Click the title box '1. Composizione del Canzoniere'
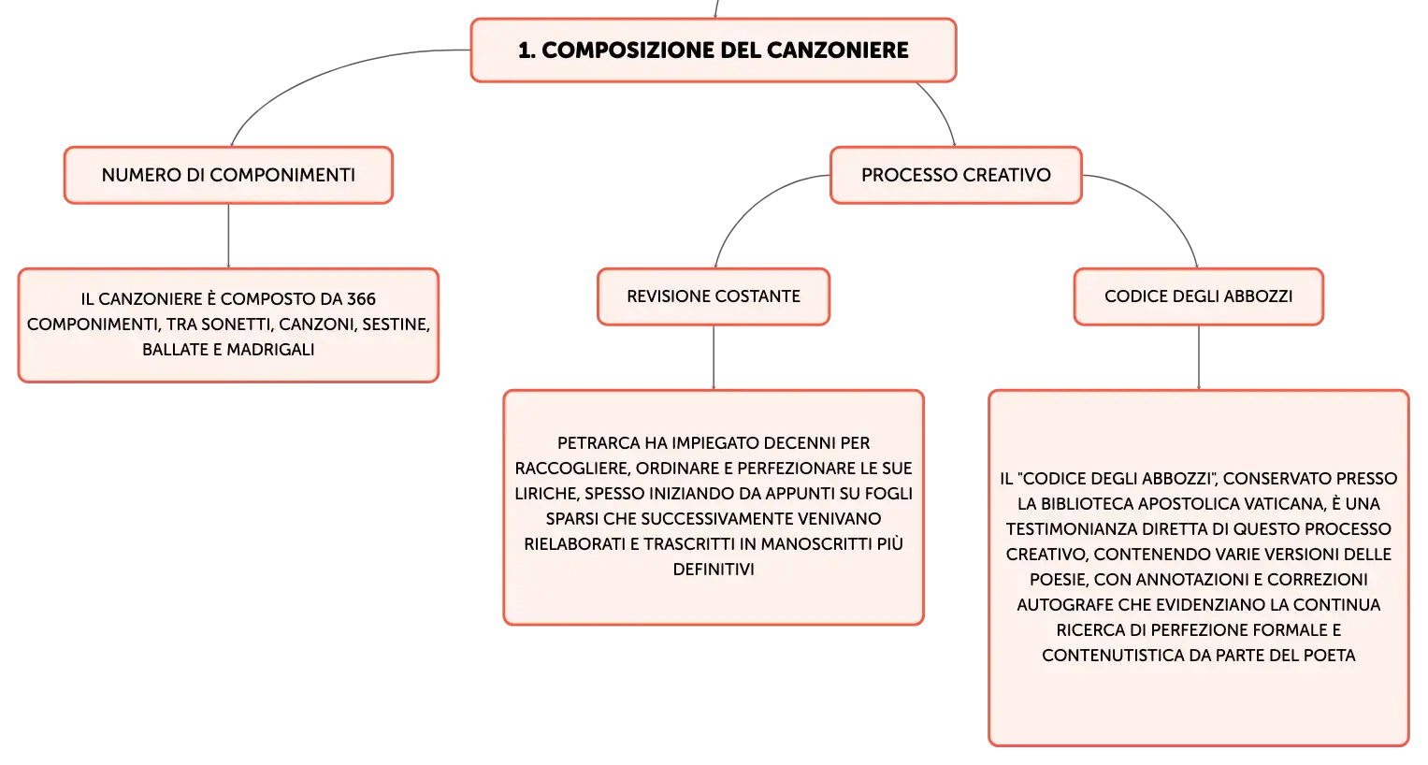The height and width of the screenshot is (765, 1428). [714, 50]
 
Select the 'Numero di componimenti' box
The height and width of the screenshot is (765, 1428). [228, 175]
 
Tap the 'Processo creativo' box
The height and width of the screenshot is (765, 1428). [956, 175]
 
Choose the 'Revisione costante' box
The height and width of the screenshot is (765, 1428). [714, 296]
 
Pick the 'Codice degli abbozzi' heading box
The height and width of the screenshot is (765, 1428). [1199, 296]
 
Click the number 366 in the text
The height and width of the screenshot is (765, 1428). [361, 299]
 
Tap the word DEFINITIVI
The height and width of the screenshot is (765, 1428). [714, 570]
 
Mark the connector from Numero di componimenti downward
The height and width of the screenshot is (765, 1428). [228, 236]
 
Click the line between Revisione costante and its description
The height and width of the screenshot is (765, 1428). [714, 357]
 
